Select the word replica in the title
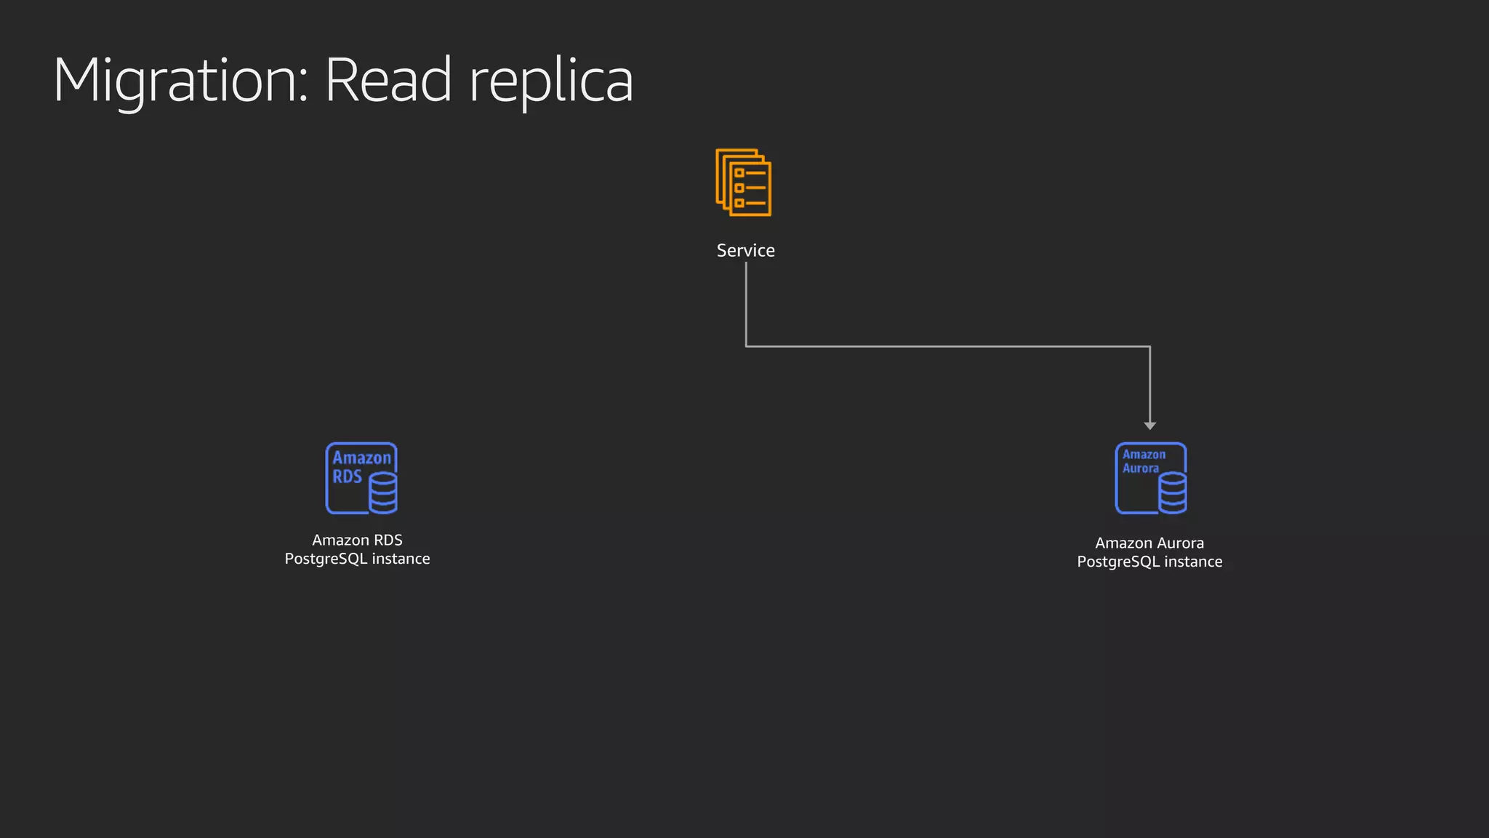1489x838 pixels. coord(551,81)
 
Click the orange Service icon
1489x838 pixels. coord(743,183)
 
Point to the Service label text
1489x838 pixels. coord(745,250)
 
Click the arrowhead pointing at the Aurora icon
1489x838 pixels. coord(1149,426)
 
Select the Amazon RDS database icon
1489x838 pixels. coord(361,478)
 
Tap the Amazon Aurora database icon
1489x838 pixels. coord(1151,478)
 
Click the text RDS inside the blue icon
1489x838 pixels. coord(347,476)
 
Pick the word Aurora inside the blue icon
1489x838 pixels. coord(1140,468)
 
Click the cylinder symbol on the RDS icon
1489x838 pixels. coord(383,492)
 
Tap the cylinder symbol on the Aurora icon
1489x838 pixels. coord(1173,492)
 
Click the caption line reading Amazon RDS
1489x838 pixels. coord(357,540)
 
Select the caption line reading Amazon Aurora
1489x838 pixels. coord(1149,543)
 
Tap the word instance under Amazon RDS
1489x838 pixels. coord(401,559)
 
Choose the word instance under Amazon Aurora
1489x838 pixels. coord(1193,562)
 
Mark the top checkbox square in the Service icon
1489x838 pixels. coord(739,173)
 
